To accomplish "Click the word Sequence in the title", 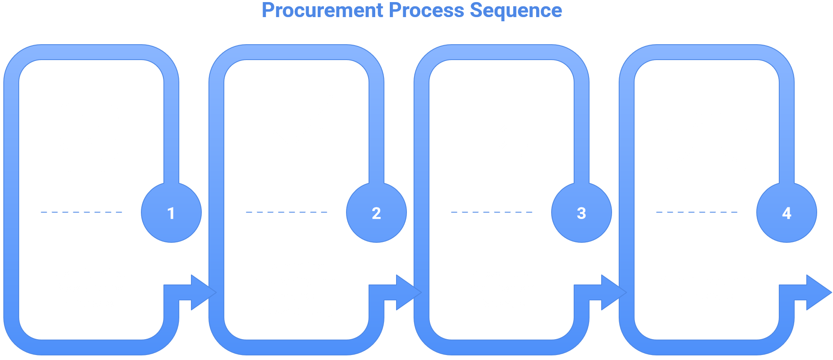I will click(x=516, y=10).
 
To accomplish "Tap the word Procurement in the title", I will click(x=322, y=10).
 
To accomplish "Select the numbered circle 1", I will click(x=171, y=213).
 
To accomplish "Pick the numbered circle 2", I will click(x=376, y=213).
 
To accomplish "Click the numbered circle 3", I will click(x=581, y=213).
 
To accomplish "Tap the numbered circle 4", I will click(x=786, y=213).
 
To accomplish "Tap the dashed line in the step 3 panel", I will click(x=492, y=212).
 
